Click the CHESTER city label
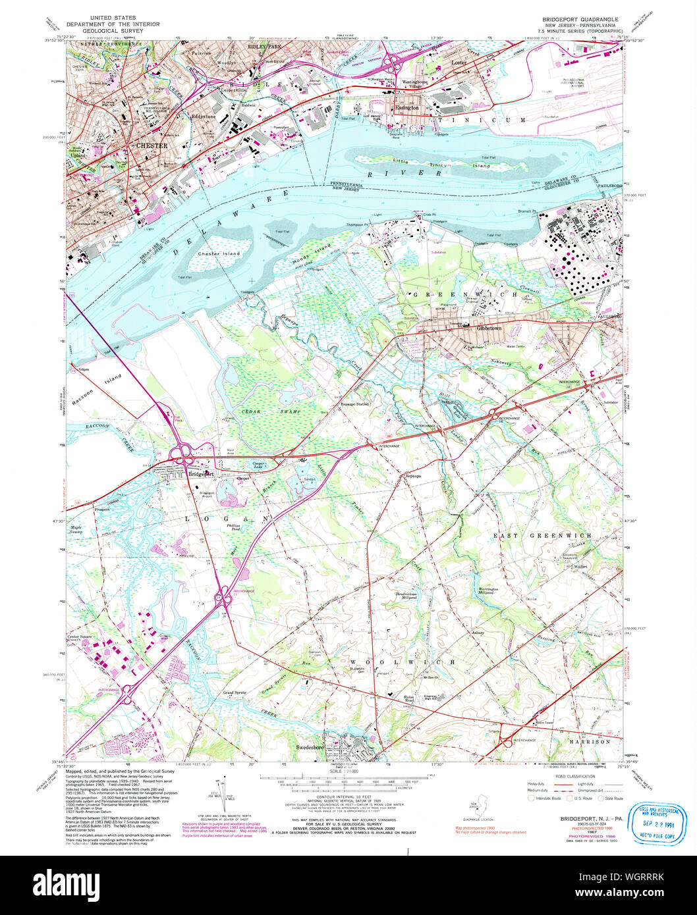pyautogui.click(x=152, y=145)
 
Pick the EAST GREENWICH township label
pyautogui.click(x=543, y=535)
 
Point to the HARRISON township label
pyautogui.click(x=590, y=741)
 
